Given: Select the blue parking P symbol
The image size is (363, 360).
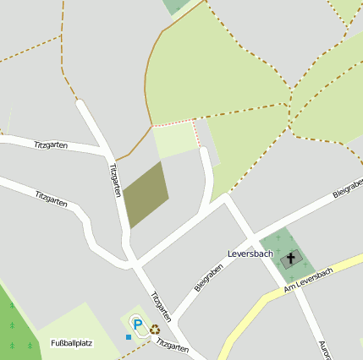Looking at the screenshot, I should (x=138, y=323).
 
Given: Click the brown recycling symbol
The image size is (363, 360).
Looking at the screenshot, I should (x=155, y=330).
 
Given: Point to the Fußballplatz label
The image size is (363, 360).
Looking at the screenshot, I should (x=72, y=343).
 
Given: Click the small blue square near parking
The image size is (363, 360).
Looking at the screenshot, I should (x=129, y=337).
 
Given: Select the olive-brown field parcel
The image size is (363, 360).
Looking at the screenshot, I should (x=146, y=195).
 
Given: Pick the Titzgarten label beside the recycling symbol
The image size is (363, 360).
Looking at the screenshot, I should (x=172, y=346).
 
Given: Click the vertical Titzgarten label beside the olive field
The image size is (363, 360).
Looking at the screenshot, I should (x=115, y=179).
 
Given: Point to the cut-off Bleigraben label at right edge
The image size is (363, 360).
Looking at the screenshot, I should (x=348, y=192).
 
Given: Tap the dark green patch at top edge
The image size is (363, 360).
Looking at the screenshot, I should (x=177, y=6).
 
